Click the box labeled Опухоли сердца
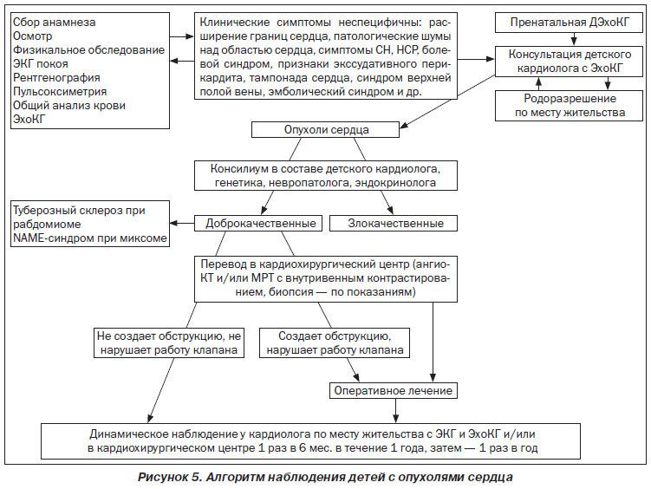coord(326,129)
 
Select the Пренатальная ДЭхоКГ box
coord(570,23)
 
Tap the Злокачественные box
coord(394,224)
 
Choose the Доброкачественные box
coord(258,224)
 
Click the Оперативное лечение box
coord(394,391)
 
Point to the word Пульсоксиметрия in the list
coord(60,91)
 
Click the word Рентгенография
coord(56,78)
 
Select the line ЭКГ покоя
coord(40,64)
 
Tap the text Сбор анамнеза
coord(54,22)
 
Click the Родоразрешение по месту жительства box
coord(570,106)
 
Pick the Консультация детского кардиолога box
coord(570,62)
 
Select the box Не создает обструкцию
coord(169,342)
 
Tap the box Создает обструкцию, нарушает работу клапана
coord(335,342)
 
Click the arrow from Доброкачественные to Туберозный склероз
coord(182,224)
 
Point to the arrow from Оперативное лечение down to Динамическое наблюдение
coord(395,411)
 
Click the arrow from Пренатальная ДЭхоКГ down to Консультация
coord(574,39)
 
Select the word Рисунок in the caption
coord(162,477)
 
